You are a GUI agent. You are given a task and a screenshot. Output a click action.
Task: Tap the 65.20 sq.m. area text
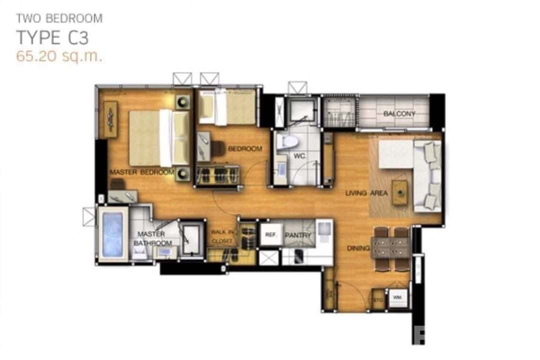tap(59, 56)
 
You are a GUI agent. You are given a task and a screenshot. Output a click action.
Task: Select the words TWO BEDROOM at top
tap(59, 19)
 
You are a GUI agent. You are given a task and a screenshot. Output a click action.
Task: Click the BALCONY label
tap(399, 114)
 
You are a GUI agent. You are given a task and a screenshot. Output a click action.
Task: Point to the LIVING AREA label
tap(366, 193)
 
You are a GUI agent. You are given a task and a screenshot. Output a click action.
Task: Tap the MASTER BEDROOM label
tap(142, 172)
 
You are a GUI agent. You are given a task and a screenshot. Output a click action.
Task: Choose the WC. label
tap(299, 156)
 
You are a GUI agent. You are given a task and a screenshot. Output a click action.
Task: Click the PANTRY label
tap(298, 235)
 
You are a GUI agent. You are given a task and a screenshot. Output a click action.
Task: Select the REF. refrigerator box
tap(270, 234)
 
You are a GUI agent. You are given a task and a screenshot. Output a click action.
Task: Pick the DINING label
tap(359, 248)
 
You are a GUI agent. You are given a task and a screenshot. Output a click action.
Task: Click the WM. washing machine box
tap(398, 298)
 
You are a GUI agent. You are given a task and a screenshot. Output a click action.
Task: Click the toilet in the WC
tap(287, 141)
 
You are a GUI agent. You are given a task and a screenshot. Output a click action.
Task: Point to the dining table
tap(390, 247)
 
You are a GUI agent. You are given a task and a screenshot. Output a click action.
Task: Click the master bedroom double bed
tap(159, 138)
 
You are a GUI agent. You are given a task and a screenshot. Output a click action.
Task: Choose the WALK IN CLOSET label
tap(221, 236)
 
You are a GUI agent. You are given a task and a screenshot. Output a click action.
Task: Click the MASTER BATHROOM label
tap(152, 238)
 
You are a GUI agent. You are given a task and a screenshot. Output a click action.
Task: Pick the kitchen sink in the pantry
tap(323, 229)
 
